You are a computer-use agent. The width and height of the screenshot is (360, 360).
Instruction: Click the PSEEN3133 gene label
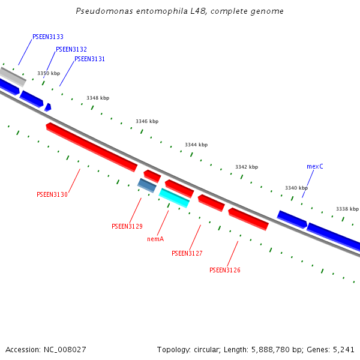[48, 37]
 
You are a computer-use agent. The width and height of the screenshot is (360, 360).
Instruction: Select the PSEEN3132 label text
[71, 49]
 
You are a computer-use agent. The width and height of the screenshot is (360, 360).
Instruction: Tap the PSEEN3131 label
[90, 59]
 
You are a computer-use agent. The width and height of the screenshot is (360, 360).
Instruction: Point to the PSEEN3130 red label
[52, 194]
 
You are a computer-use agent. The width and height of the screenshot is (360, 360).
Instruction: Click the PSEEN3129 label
[127, 226]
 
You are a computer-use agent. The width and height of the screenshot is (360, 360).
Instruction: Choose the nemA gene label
[155, 238]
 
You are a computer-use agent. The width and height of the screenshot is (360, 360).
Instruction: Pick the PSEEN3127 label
[187, 253]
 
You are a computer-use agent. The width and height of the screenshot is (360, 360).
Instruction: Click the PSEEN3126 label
[225, 270]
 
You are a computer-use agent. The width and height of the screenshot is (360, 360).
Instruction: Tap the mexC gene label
[315, 166]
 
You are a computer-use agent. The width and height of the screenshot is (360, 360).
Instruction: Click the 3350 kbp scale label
[49, 73]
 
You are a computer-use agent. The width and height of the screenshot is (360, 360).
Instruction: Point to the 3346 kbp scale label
[147, 121]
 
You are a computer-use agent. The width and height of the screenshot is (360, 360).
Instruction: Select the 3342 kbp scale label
[247, 167]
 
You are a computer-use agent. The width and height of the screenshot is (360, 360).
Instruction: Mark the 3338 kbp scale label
[347, 209]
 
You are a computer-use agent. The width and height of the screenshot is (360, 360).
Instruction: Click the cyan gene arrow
[174, 197]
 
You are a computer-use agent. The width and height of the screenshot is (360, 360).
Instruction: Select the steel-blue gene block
[147, 185]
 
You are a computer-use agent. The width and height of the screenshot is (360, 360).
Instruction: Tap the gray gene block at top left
[12, 76]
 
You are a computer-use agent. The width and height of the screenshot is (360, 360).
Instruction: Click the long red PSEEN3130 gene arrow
[91, 146]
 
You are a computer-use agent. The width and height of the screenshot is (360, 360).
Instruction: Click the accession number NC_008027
[64, 349]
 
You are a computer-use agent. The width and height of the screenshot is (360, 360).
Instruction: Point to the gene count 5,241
[343, 349]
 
